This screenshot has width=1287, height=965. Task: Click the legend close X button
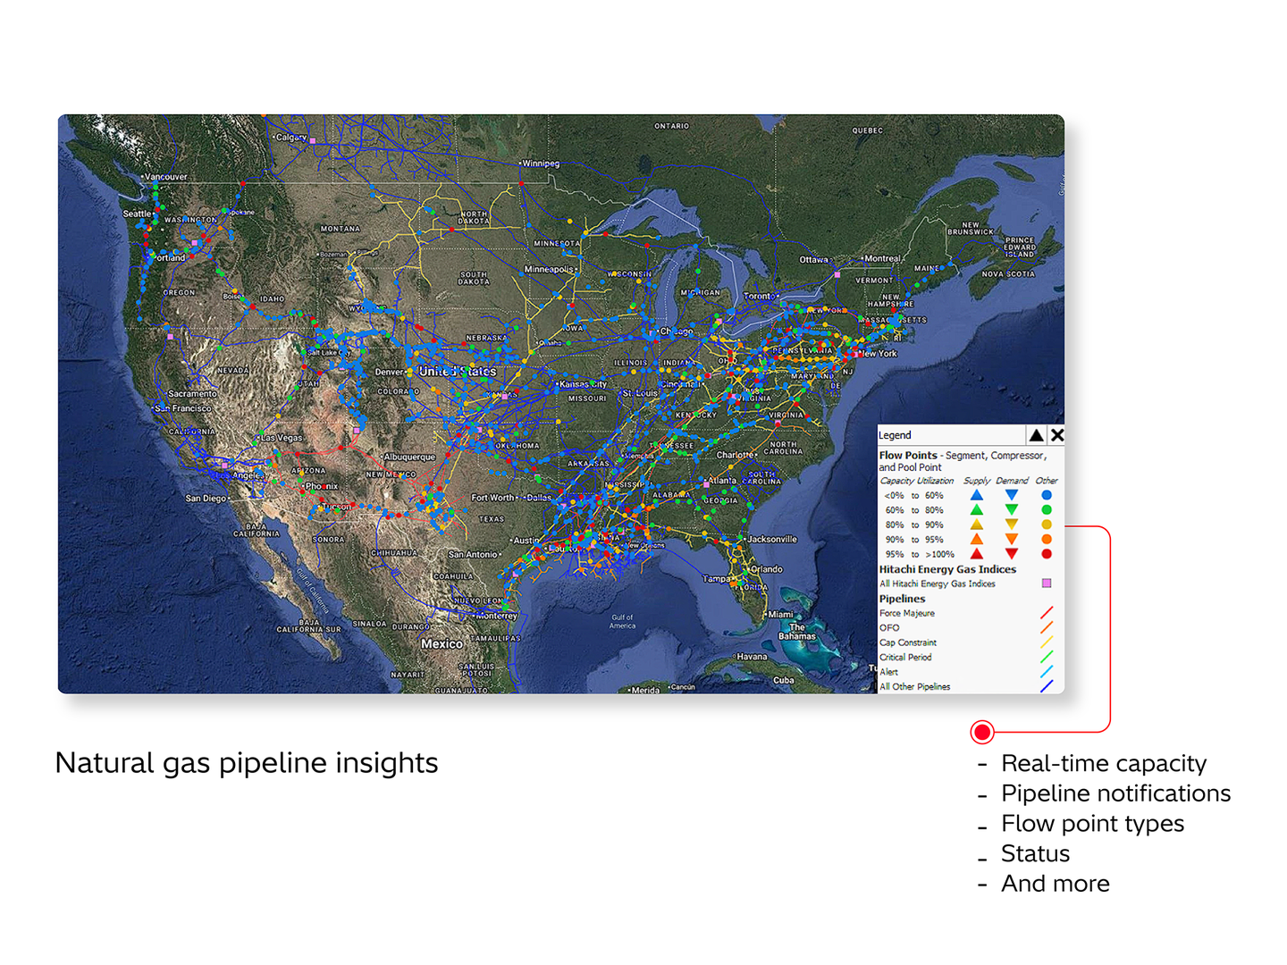[1056, 435]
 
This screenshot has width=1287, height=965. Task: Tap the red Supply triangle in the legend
[977, 554]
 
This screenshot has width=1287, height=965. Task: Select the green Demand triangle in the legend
[1012, 510]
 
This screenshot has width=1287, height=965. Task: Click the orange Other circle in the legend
[1047, 540]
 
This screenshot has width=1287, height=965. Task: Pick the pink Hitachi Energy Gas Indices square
[1047, 583]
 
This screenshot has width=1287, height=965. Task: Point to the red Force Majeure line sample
[1047, 613]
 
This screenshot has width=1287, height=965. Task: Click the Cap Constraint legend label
[908, 642]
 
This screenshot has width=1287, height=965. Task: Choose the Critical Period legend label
[905, 658]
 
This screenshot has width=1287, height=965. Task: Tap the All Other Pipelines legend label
[914, 687]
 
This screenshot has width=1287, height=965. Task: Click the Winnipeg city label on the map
[541, 164]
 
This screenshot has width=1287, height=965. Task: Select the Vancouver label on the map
[166, 177]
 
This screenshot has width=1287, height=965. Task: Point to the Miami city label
[780, 615]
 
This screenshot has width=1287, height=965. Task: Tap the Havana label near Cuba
[752, 657]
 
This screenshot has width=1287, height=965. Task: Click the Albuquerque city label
[409, 457]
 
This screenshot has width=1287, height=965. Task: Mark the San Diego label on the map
[206, 499]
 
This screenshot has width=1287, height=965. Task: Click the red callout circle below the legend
[982, 733]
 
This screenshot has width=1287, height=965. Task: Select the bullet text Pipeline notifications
[1115, 793]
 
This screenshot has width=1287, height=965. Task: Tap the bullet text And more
[1055, 884]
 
